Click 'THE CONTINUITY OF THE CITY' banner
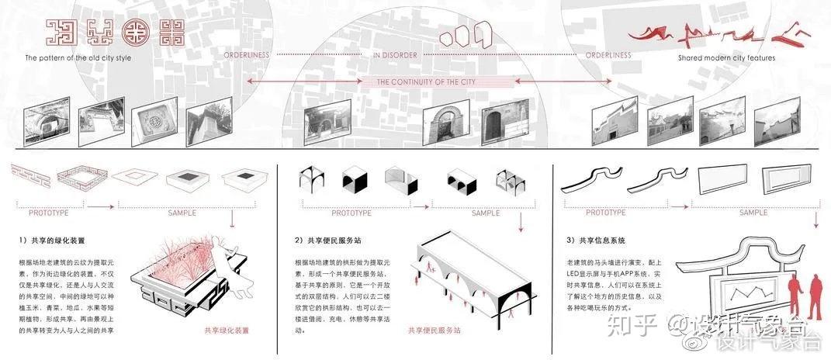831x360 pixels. tap(426, 81)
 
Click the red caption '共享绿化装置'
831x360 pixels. tap(227, 331)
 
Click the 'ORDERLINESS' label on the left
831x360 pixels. tap(247, 55)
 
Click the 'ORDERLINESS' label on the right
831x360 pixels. tap(608, 55)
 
